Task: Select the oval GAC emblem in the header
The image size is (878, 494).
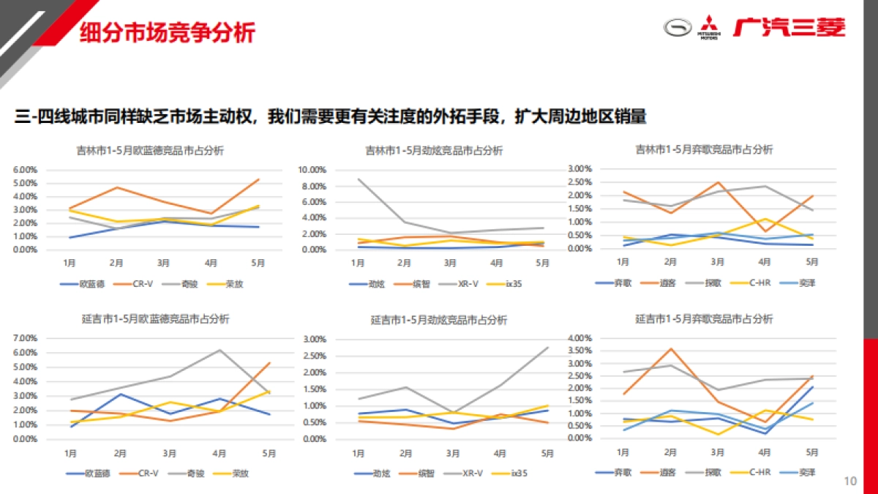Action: coord(678,27)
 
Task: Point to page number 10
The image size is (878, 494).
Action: coord(849,481)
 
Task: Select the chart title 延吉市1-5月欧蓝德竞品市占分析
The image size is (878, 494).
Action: coord(155,319)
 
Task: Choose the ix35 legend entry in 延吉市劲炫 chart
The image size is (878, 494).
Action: coord(517,473)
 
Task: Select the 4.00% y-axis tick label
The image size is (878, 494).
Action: coord(579,338)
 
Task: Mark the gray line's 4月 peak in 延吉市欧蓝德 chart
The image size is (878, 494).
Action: coord(218,350)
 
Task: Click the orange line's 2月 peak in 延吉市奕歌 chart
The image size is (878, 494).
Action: coord(669,348)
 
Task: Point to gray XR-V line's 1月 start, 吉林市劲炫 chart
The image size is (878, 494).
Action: coord(358,179)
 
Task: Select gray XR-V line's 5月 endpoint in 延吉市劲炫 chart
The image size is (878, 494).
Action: coord(548,347)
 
